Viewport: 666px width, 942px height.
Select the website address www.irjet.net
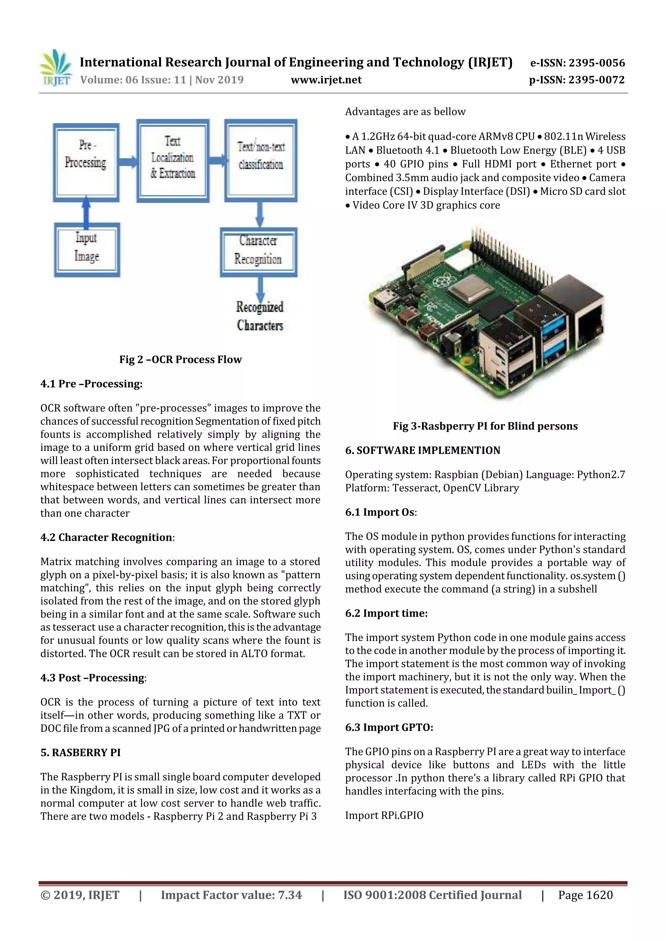326,80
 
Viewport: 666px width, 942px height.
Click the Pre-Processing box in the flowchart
86,163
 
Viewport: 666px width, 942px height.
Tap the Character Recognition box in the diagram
258,252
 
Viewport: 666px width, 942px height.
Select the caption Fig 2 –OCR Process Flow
180,359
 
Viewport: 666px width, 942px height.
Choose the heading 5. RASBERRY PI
80,752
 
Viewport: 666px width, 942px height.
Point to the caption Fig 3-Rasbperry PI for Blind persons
485,426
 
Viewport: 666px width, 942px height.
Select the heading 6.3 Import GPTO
389,727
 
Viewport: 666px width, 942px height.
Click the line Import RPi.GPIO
384,815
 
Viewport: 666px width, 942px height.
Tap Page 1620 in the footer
585,895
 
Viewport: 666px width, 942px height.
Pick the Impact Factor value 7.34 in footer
232,895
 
